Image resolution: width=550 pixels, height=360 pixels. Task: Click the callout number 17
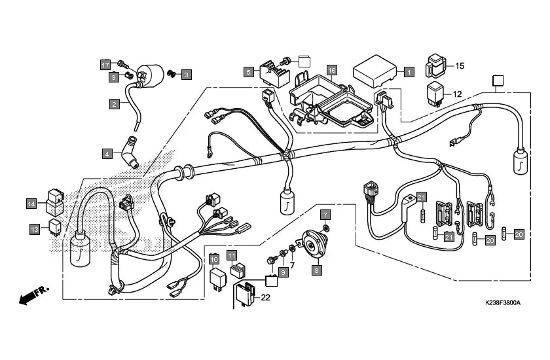click(105, 64)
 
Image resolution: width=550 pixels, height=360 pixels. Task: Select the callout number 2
click(114, 103)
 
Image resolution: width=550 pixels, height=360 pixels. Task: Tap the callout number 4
click(106, 154)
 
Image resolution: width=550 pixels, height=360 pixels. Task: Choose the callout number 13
click(35, 228)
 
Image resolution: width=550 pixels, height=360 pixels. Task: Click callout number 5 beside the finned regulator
click(249, 72)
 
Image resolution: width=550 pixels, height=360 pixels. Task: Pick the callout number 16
click(332, 70)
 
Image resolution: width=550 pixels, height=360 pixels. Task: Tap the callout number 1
click(409, 72)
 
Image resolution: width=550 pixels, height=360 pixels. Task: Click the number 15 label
click(460, 65)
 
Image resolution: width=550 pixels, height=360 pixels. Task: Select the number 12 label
click(457, 94)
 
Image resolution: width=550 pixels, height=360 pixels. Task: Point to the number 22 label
click(266, 297)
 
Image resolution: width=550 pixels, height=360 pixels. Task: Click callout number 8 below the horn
click(318, 269)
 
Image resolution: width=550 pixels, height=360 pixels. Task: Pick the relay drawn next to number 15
click(437, 63)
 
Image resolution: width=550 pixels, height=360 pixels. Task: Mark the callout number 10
click(214, 259)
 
